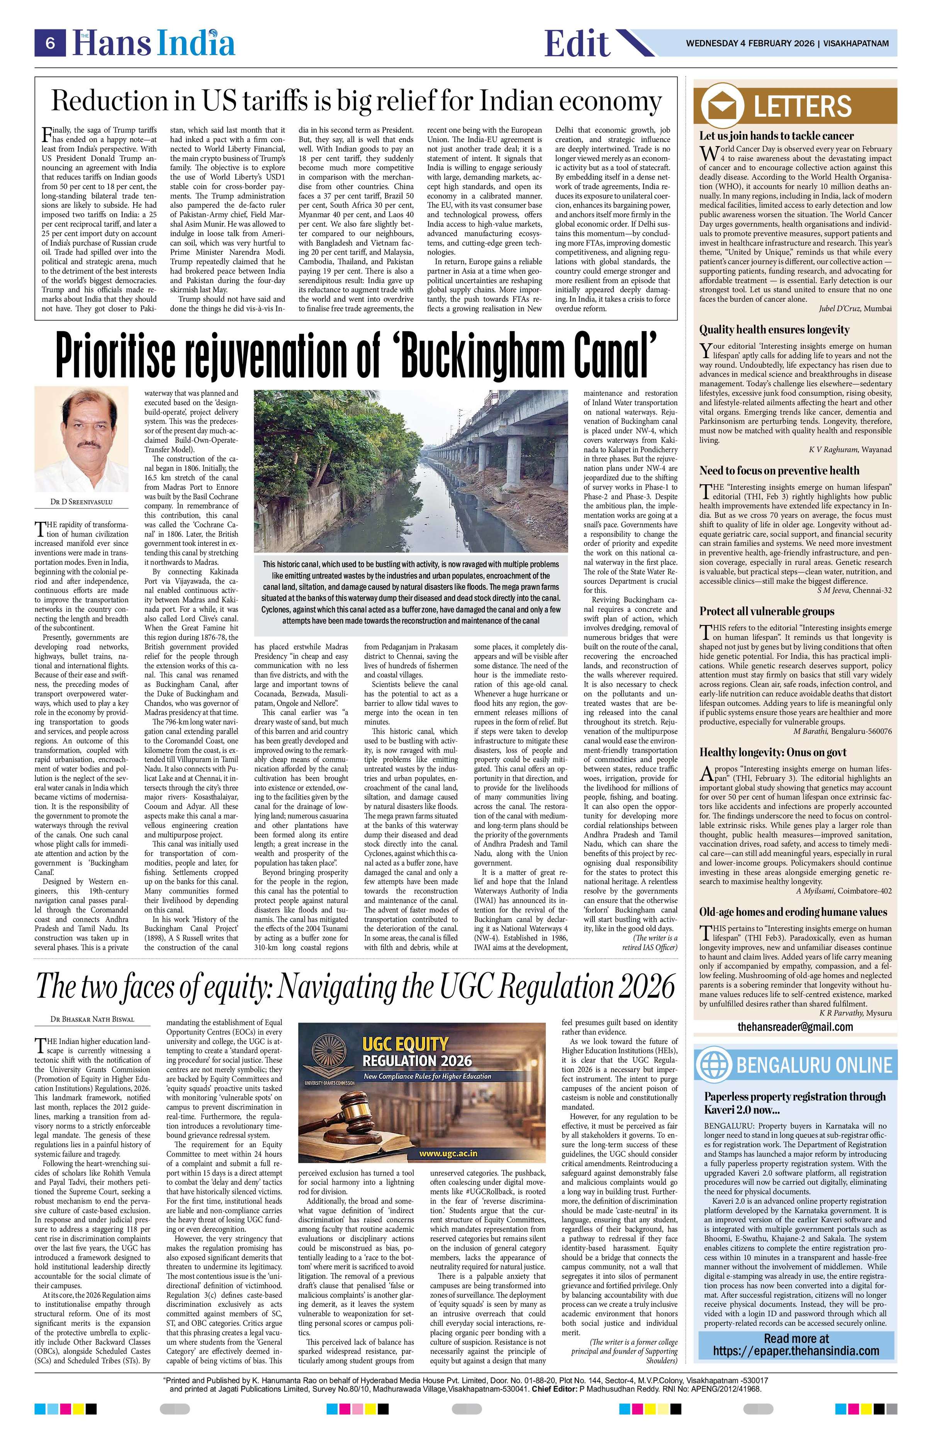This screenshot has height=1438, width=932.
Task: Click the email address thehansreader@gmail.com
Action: [795, 1027]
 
